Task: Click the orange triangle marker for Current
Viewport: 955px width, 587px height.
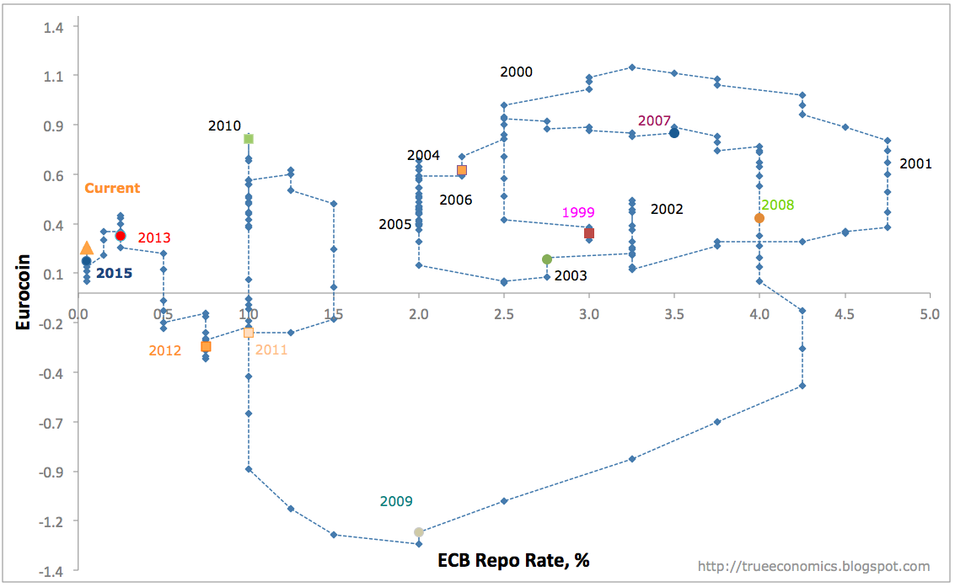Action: [86, 248]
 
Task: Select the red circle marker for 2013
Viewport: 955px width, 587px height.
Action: [121, 236]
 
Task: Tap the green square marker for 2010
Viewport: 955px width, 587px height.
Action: [249, 139]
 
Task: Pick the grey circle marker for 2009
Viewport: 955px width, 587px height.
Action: [419, 532]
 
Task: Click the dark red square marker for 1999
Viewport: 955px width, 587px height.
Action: [589, 233]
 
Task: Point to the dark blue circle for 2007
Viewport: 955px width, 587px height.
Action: [674, 133]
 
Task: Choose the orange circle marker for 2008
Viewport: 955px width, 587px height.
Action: [759, 218]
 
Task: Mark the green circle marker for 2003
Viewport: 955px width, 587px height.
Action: [547, 259]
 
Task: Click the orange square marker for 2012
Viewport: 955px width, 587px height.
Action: [206, 346]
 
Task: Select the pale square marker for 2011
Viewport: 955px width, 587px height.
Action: [249, 333]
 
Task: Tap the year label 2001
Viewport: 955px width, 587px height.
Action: [915, 163]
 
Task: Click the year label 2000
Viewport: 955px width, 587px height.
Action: [516, 72]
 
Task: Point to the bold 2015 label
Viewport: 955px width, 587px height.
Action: [114, 273]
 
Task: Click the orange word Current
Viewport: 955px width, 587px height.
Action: [112, 189]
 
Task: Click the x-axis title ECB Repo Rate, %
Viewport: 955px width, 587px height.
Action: [513, 560]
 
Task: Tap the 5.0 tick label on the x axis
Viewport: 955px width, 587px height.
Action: [929, 315]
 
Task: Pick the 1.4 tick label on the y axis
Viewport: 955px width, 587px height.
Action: [57, 27]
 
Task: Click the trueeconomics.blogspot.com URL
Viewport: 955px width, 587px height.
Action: [814, 567]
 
